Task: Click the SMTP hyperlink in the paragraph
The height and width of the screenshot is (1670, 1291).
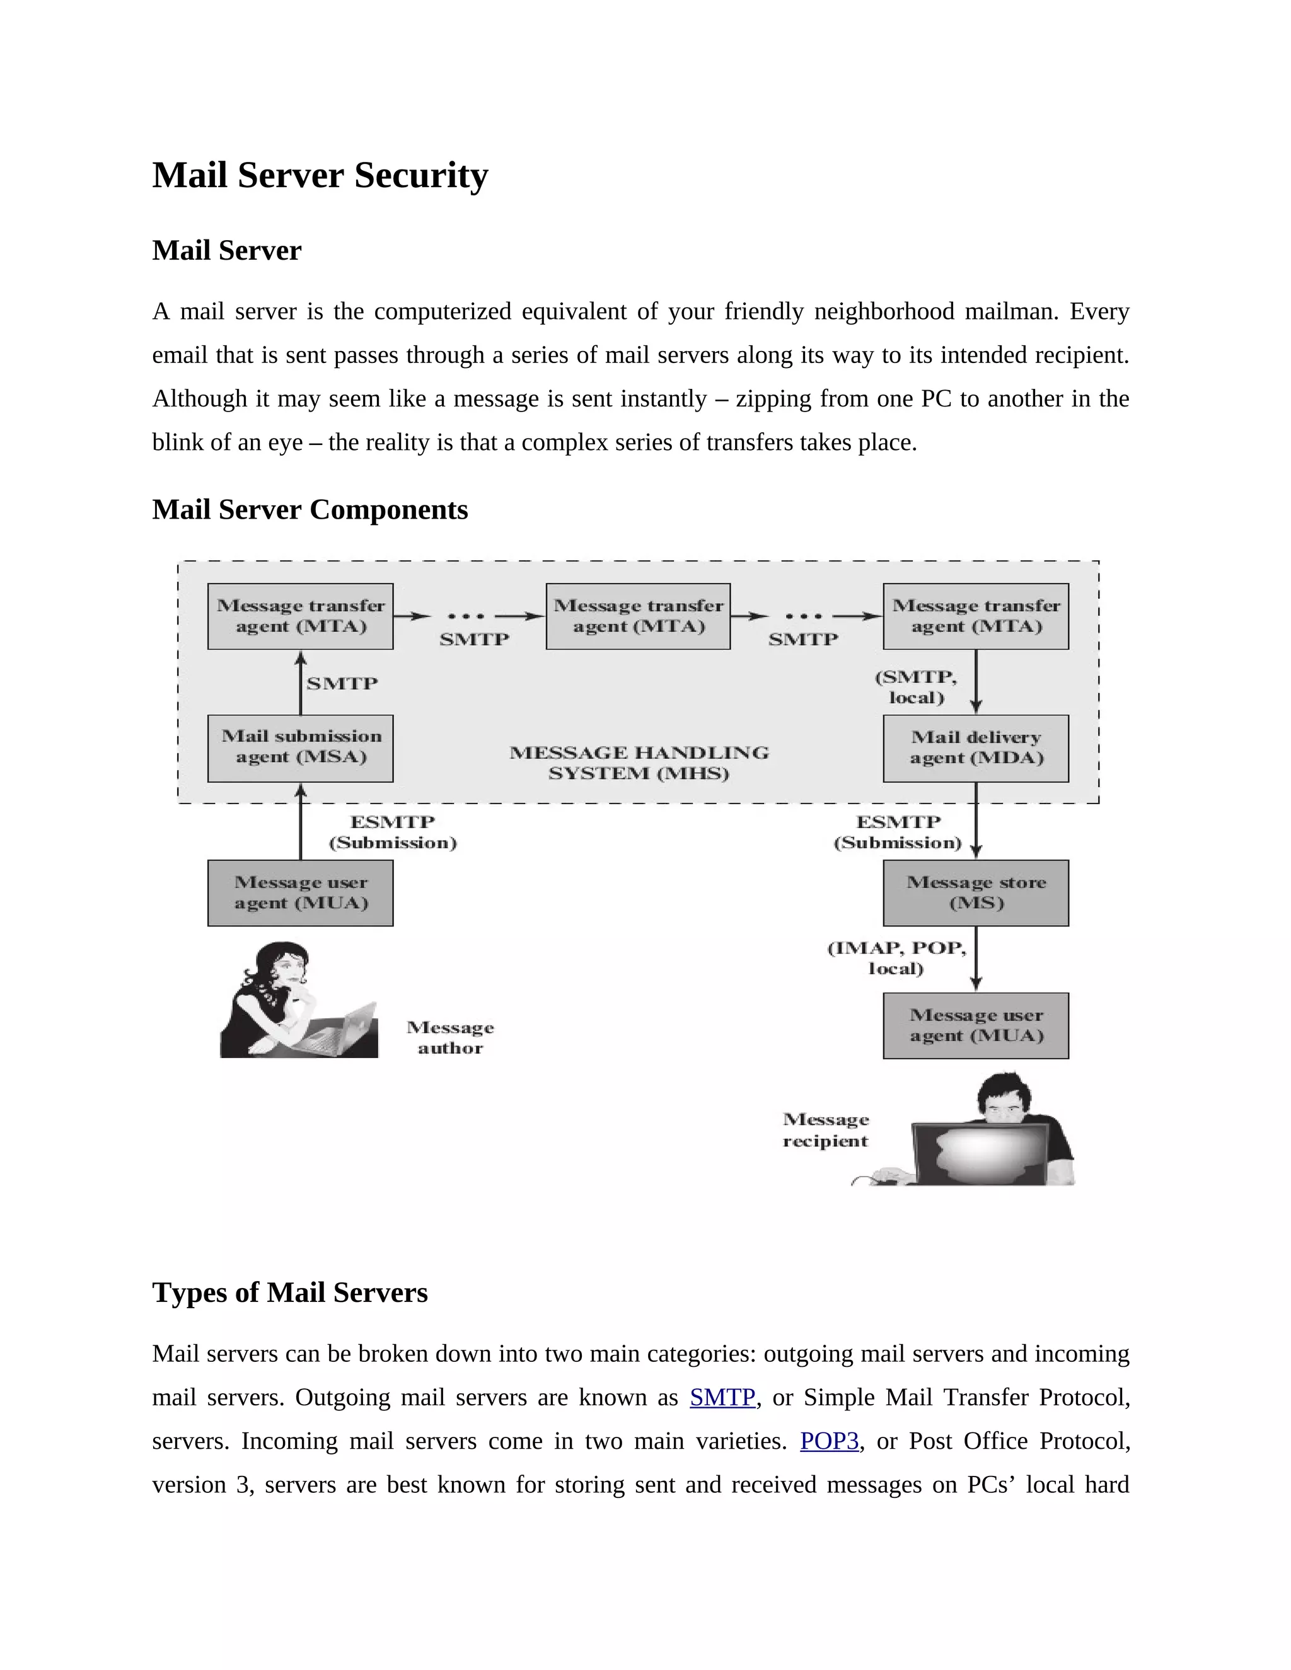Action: [722, 1397]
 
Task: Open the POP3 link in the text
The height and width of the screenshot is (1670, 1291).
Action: [829, 1441]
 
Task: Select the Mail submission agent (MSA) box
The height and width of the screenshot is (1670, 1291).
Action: [301, 748]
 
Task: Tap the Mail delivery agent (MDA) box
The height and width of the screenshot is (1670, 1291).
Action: [976, 748]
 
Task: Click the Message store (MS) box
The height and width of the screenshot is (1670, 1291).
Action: [976, 892]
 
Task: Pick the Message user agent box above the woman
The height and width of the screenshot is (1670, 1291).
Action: [301, 892]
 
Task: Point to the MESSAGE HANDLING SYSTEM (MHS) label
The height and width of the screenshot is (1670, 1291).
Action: [639, 763]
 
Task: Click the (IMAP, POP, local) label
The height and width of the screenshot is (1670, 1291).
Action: [896, 958]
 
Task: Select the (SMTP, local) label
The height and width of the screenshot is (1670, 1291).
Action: [916, 687]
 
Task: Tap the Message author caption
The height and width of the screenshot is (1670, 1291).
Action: [451, 1038]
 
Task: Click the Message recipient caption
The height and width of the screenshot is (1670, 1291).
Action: [826, 1130]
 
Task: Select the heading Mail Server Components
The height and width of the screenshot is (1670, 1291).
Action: [310, 510]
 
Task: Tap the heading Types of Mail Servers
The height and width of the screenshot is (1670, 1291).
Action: [290, 1293]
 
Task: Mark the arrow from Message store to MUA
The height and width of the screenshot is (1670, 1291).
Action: [976, 959]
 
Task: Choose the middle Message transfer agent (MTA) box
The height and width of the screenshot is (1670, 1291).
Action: [638, 616]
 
